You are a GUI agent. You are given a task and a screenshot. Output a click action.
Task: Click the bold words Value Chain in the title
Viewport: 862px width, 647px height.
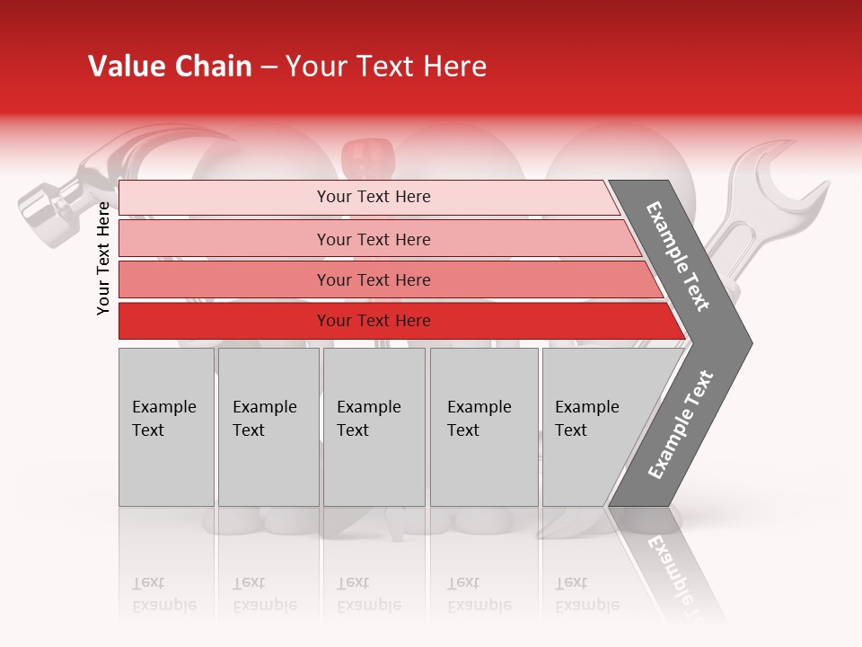click(x=170, y=66)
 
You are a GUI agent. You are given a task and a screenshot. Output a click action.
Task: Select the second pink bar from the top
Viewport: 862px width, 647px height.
click(x=374, y=239)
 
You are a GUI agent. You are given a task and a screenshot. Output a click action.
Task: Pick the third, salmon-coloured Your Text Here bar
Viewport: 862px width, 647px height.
click(x=374, y=279)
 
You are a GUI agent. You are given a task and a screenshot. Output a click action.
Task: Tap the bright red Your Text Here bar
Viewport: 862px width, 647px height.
click(x=374, y=321)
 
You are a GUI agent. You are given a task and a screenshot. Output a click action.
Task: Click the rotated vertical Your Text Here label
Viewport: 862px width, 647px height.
click(x=103, y=258)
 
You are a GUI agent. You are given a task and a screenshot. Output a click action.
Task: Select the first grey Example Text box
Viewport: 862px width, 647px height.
click(x=166, y=427)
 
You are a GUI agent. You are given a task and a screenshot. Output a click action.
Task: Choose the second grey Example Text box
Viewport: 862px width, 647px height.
click(x=268, y=427)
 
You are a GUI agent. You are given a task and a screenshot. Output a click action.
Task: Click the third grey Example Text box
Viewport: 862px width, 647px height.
click(x=374, y=427)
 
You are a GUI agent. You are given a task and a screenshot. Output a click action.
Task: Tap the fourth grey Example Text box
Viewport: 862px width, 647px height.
click(x=484, y=427)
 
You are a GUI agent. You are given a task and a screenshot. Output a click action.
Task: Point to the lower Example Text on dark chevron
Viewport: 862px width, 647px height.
click(x=681, y=424)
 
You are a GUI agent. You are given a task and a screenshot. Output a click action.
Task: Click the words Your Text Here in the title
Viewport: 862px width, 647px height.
click(x=386, y=66)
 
